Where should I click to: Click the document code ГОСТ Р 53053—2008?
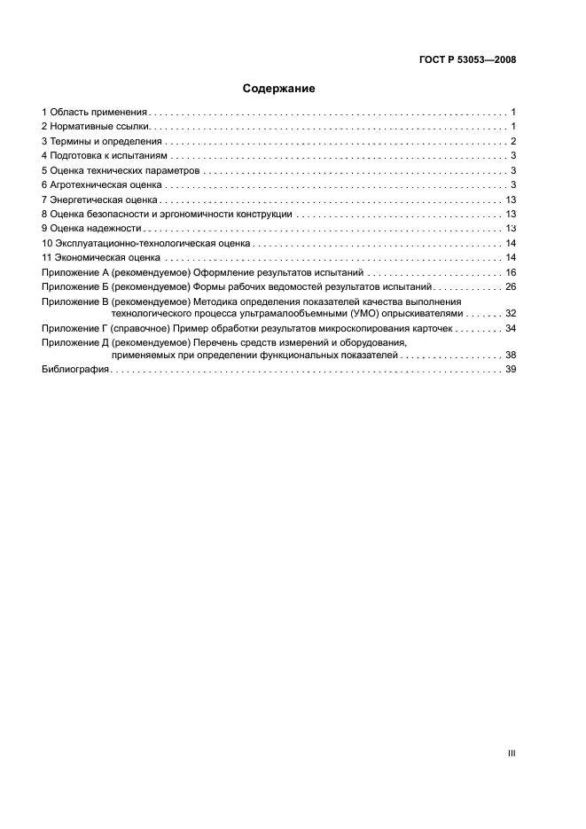[x=467, y=60]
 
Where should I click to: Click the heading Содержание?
[x=278, y=89]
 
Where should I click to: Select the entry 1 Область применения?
[x=95, y=113]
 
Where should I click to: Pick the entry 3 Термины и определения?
[x=102, y=142]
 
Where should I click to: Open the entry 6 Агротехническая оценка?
[x=102, y=184]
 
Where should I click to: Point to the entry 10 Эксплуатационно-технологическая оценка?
[x=145, y=243]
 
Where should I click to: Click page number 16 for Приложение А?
[x=511, y=272]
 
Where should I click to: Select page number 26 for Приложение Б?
[x=511, y=287]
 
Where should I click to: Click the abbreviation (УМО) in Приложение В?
[x=344, y=314]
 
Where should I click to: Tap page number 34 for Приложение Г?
[x=511, y=328]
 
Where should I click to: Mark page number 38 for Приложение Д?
[x=511, y=355]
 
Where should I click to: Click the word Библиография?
[x=75, y=370]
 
